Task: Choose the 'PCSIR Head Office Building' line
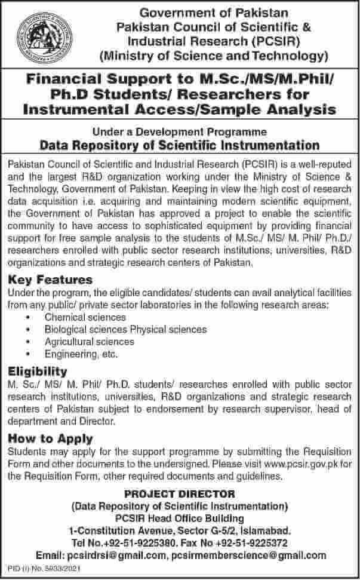179,515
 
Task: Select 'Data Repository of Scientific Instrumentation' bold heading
179,145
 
